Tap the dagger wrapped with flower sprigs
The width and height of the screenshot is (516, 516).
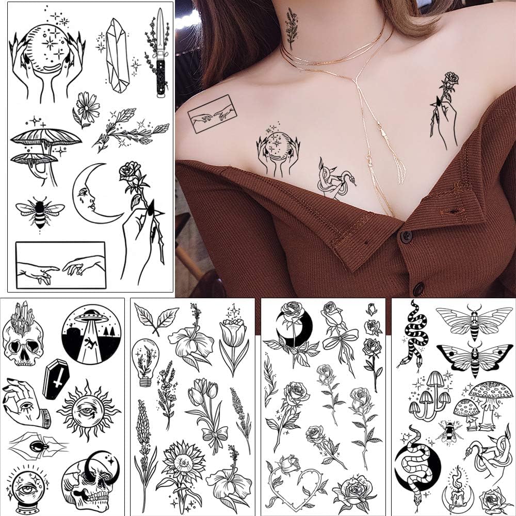(160, 52)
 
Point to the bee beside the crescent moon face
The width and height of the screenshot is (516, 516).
(40, 212)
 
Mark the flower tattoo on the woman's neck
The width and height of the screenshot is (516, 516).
(292, 28)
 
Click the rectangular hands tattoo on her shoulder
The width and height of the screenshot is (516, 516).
(212, 115)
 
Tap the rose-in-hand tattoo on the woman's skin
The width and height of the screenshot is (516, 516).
(445, 111)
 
